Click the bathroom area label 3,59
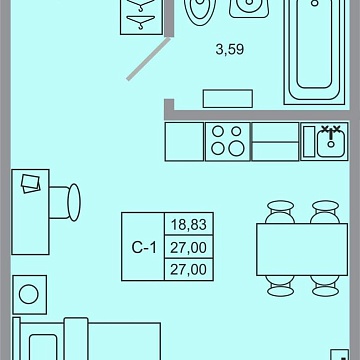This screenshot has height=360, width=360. [230, 50]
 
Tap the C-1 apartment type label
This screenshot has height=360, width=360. [144, 248]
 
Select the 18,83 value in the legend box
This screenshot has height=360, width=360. [189, 225]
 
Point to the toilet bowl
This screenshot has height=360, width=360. [200, 12]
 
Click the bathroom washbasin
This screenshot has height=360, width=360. [249, 7]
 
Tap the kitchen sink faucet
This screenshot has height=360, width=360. [331, 136]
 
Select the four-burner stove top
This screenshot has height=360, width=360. [227, 141]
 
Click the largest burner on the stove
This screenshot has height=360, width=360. [236, 149]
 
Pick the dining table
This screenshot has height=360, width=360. [302, 249]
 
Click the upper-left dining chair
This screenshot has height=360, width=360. [280, 212]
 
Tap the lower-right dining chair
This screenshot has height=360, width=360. [325, 286]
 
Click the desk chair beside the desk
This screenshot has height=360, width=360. [65, 202]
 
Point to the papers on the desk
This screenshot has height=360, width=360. [30, 183]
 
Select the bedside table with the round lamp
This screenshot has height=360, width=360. [29, 294]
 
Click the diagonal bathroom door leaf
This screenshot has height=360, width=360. [149, 59]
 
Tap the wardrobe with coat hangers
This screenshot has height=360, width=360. [142, 17]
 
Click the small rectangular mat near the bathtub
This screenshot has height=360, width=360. [228, 99]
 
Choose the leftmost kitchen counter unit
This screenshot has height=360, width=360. [184, 142]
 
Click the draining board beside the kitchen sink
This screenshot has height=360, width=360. [309, 141]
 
